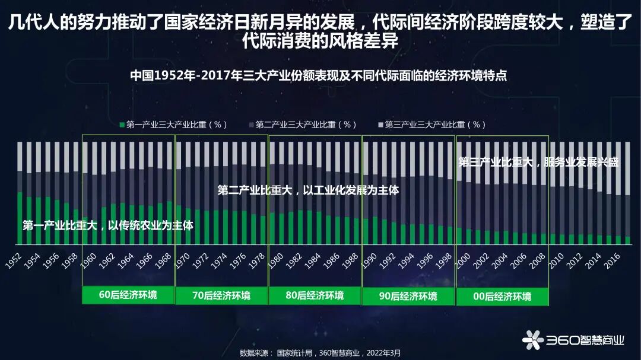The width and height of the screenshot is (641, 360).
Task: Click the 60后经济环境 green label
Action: (128, 295)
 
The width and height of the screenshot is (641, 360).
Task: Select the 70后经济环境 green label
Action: (221, 295)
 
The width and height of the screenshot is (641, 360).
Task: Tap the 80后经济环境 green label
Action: (315, 295)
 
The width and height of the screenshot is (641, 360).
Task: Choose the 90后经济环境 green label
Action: (408, 296)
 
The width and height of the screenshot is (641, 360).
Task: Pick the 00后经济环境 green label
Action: (502, 297)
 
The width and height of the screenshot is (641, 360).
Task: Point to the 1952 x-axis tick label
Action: (15, 260)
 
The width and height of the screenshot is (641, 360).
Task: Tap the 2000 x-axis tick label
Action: (464, 260)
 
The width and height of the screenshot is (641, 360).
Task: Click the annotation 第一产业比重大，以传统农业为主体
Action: (108, 225)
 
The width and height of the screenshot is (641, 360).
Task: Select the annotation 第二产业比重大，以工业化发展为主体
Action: (308, 190)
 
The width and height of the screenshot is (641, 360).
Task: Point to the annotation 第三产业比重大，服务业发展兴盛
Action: (538, 162)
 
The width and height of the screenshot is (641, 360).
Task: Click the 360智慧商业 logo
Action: (573, 340)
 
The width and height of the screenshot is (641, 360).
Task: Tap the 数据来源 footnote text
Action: (320, 352)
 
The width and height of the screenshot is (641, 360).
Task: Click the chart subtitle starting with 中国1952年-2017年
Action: (318, 77)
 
